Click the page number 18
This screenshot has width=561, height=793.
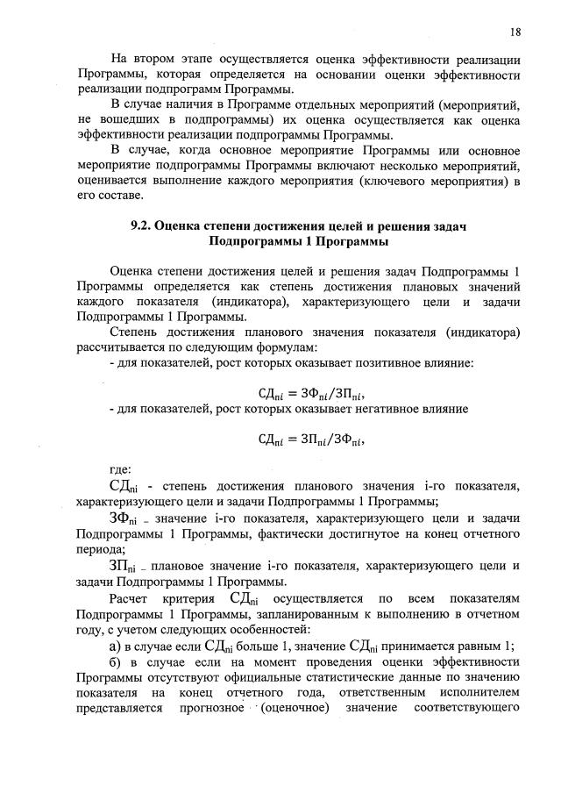(515, 32)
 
